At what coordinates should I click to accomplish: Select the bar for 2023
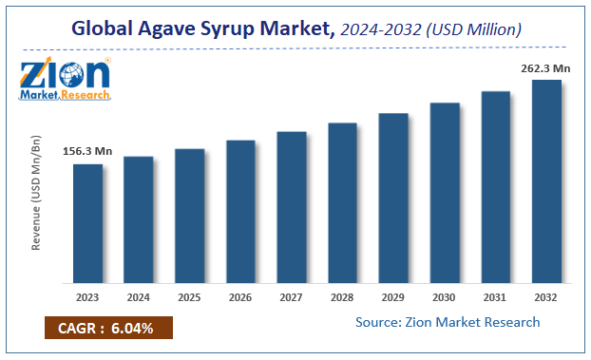(x=87, y=223)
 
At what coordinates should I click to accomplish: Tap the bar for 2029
(x=393, y=198)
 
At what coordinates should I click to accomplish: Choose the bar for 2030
(x=445, y=192)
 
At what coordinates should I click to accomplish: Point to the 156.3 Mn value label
(x=87, y=150)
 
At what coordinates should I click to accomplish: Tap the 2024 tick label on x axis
(x=139, y=296)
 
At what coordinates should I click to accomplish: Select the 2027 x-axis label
(x=292, y=296)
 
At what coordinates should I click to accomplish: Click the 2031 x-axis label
(x=495, y=296)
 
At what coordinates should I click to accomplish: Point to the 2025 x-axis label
(x=189, y=296)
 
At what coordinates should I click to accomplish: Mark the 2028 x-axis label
(x=342, y=296)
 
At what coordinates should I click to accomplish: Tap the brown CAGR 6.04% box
(x=106, y=330)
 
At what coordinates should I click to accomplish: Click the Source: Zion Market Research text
(x=448, y=322)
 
